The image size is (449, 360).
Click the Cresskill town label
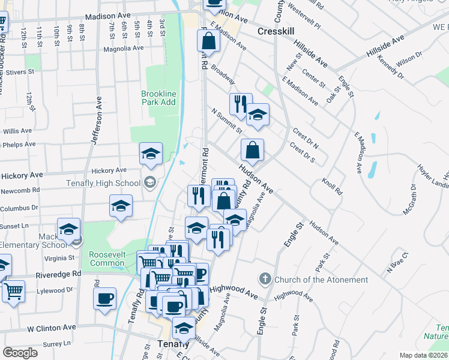pyautogui.click(x=274, y=31)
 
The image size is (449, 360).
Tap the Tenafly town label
pyautogui.click(x=173, y=344)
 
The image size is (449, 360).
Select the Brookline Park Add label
pyautogui.click(x=158, y=98)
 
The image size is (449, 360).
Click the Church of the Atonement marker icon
pyautogui.click(x=265, y=279)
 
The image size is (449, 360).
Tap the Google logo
pyautogui.click(x=20, y=353)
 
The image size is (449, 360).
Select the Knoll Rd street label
pyautogui.click(x=331, y=186)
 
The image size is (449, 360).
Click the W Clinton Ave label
pyautogui.click(x=51, y=328)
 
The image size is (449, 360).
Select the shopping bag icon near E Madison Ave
pyautogui.click(x=208, y=41)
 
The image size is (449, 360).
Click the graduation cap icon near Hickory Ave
pyautogui.click(x=151, y=154)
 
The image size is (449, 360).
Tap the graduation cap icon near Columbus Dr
pyautogui.click(x=121, y=206)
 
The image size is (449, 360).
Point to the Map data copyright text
pyautogui.click(x=424, y=355)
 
